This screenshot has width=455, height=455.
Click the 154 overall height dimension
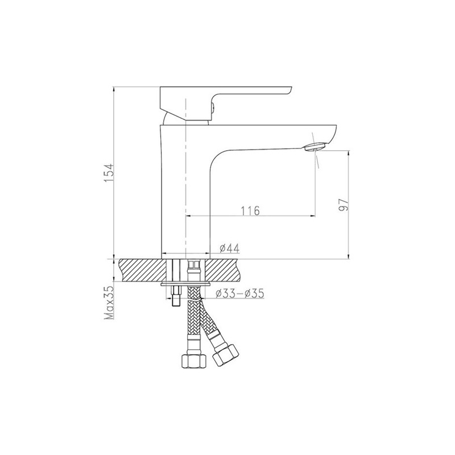coord(108,173)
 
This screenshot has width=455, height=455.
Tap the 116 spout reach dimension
coord(250,210)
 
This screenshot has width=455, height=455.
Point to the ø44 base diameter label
coord(229,248)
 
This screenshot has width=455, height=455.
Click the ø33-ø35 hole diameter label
coord(239,293)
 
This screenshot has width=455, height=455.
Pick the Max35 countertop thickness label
coord(108,303)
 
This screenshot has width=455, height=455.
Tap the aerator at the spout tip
coord(316,147)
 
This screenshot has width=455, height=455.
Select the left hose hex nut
coord(194,361)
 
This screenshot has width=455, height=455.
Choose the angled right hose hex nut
coord(225,354)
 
